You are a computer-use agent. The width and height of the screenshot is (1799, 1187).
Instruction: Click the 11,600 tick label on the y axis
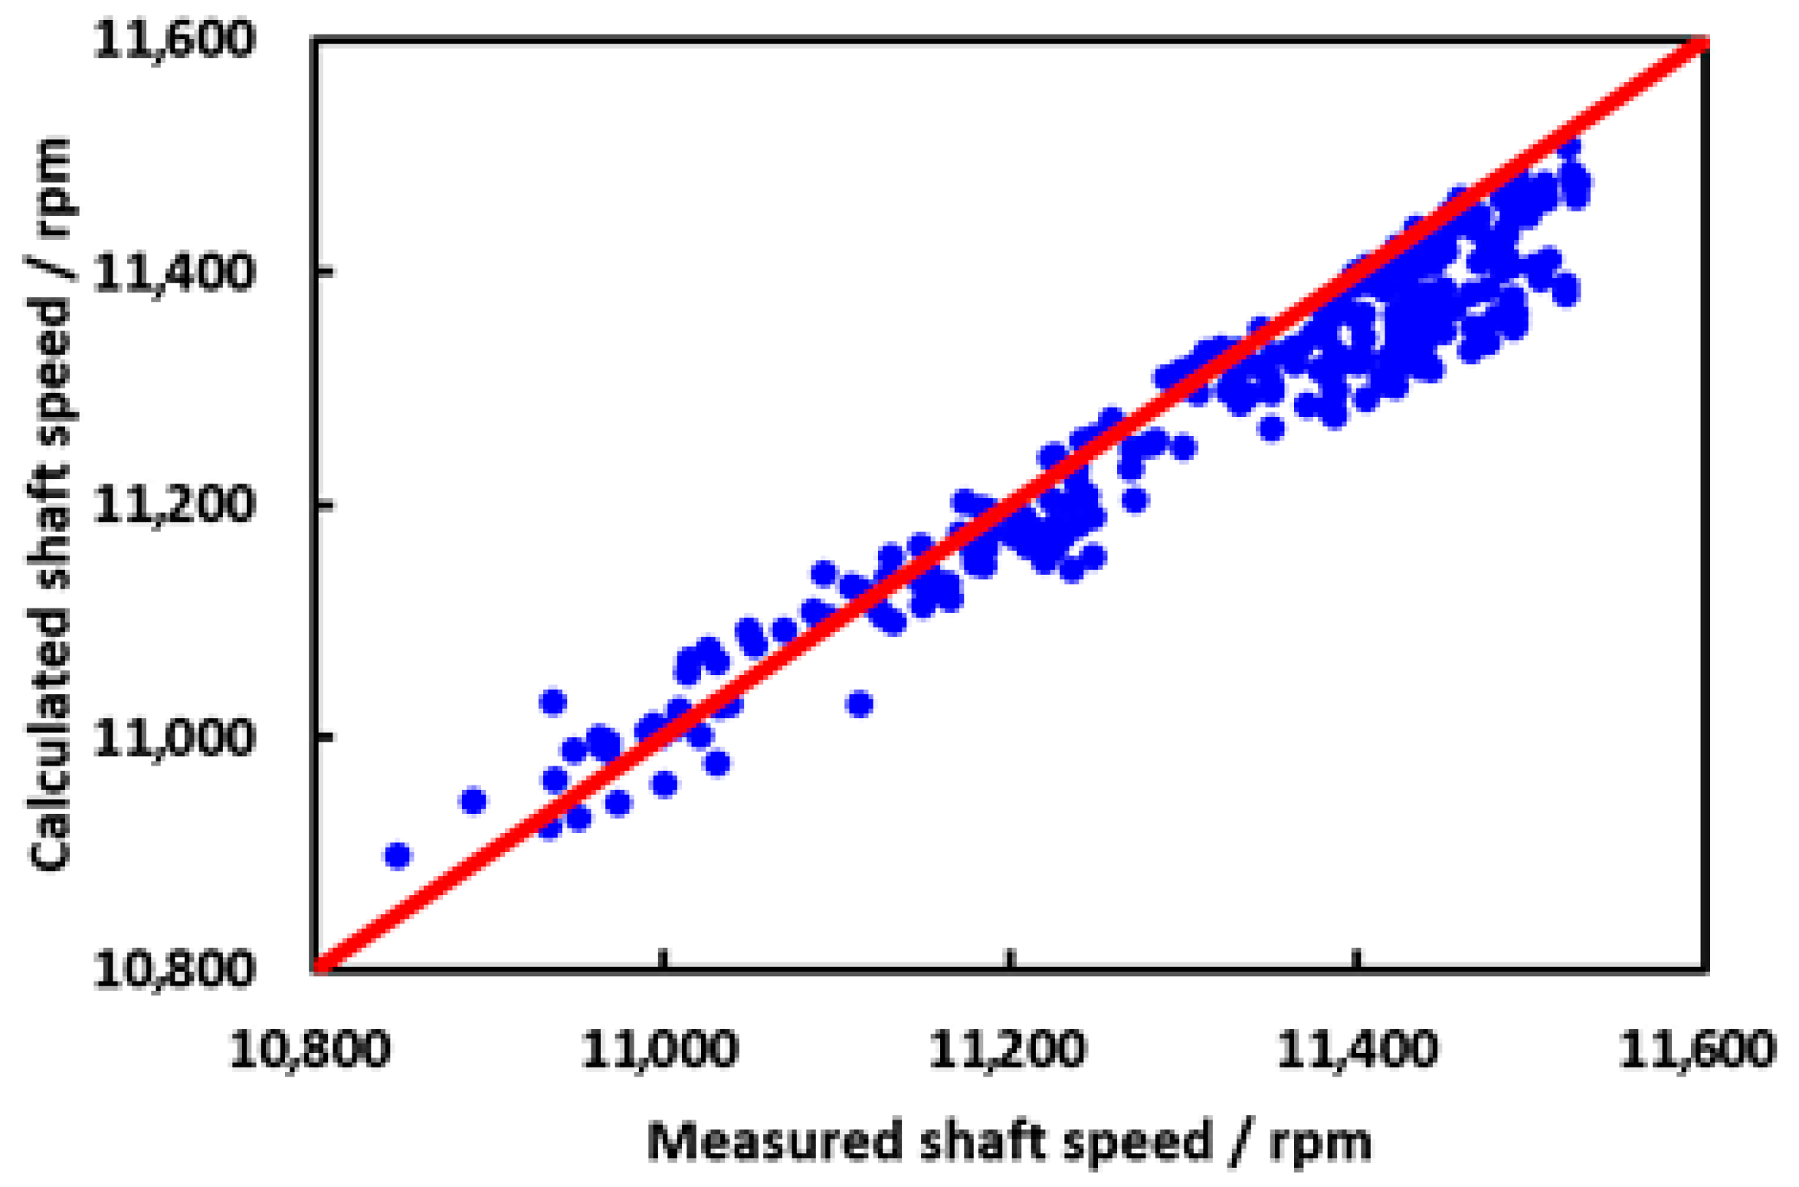coord(172,40)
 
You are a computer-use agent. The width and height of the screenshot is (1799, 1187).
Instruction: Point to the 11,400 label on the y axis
coord(172,272)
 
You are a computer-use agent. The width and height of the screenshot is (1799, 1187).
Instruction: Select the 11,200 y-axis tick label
coord(172,504)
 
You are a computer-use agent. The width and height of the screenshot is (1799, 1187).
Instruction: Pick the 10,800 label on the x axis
coord(310,1049)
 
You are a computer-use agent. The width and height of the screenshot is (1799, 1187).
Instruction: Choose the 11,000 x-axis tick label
coord(660,1049)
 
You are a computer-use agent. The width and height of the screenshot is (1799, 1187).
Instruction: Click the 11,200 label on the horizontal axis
coord(1007,1049)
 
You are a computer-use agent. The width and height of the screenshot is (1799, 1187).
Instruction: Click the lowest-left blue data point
coord(398,855)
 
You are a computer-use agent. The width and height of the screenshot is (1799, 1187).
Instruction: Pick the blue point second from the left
coord(474,801)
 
